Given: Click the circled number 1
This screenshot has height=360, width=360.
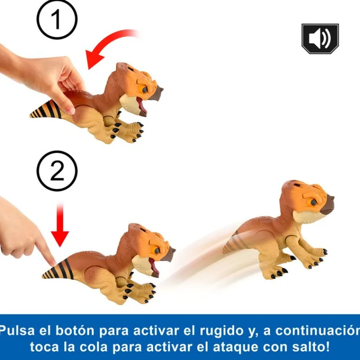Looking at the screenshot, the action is pyautogui.click(x=57, y=19).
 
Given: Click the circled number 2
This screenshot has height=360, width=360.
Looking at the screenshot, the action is pyautogui.click(x=57, y=171).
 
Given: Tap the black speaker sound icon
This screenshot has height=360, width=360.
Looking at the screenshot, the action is pyautogui.click(x=320, y=39).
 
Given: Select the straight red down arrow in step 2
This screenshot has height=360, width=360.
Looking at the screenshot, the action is pyautogui.click(x=60, y=225).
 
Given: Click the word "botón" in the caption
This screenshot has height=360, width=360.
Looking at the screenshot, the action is pyautogui.click(x=75, y=331).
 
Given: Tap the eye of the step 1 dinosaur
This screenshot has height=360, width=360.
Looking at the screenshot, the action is pyautogui.click(x=145, y=90).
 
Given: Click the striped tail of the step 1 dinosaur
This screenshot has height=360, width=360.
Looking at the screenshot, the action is pyautogui.click(x=46, y=110).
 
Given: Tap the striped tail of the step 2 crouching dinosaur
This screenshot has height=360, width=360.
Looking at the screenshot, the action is pyautogui.click(x=58, y=269).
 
